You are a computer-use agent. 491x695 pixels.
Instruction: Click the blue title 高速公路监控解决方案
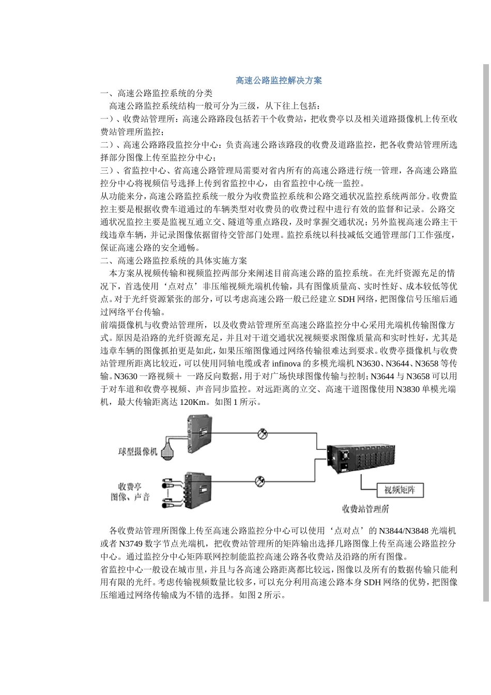(x=279, y=80)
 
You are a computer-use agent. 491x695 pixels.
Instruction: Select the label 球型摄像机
(x=138, y=451)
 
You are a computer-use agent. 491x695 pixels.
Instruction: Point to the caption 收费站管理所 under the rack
(x=365, y=509)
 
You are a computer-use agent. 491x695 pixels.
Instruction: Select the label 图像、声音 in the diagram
(x=130, y=497)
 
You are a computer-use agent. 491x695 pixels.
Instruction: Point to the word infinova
(x=286, y=363)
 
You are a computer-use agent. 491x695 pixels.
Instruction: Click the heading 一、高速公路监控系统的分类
(x=156, y=93)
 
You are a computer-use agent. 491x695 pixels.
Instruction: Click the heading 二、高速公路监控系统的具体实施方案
(x=174, y=260)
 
